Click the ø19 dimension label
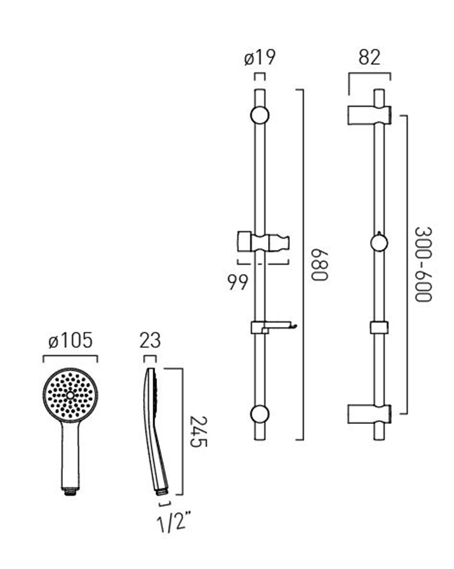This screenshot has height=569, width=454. [260, 57]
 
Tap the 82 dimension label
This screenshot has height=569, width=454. [369, 57]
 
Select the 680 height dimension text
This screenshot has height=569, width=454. [320, 265]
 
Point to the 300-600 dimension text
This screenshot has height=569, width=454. [423, 265]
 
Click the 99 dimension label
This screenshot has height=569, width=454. [238, 283]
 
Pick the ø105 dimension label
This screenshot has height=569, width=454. [71, 340]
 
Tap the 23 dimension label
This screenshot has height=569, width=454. [150, 340]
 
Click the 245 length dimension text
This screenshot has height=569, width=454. [198, 432]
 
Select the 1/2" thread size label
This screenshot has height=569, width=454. [174, 522]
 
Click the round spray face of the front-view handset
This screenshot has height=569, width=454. [71, 395]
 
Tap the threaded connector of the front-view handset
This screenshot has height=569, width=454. [71, 492]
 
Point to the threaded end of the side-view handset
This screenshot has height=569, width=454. [162, 491]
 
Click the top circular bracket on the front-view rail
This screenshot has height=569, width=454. [260, 116]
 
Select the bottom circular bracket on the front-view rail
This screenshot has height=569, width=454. [260, 414]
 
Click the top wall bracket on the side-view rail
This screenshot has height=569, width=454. [369, 116]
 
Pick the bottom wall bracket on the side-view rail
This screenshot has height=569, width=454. [369, 414]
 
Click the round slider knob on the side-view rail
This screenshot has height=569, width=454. [379, 242]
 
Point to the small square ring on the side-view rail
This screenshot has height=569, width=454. [379, 328]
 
